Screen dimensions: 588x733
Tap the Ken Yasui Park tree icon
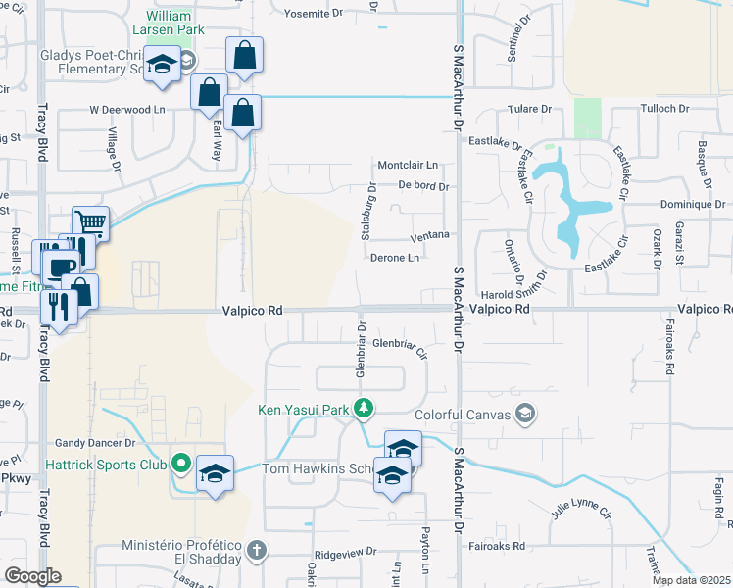(365, 407)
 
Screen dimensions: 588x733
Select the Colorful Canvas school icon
(527, 415)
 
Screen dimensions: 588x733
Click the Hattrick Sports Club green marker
(180, 463)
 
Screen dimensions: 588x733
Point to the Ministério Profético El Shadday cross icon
(257, 548)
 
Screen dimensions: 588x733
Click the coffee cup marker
(64, 267)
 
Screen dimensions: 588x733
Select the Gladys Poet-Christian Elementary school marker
(163, 65)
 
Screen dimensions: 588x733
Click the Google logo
(33, 576)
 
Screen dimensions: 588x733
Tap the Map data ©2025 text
(691, 580)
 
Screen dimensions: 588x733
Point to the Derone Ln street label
(395, 258)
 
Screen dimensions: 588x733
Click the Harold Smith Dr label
(512, 293)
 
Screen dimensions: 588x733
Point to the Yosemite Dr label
(314, 14)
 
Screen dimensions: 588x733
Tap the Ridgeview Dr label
(345, 555)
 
